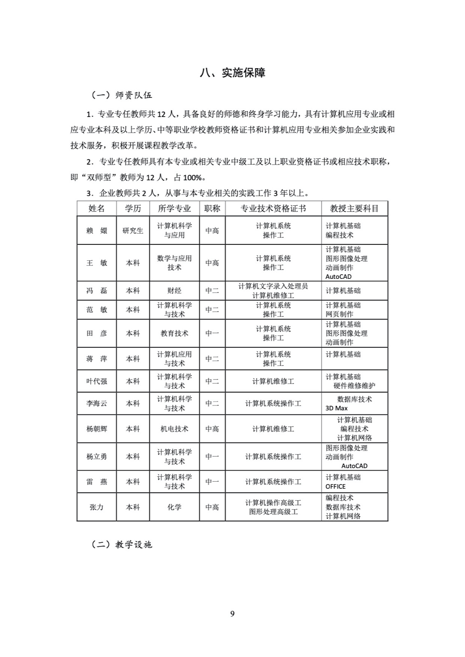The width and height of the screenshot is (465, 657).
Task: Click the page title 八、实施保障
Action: [x=232, y=73]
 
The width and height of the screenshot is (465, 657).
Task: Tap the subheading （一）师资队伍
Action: [x=121, y=95]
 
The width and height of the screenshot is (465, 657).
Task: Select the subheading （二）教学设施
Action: [x=121, y=544]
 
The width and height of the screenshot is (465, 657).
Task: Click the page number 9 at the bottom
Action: [x=232, y=613]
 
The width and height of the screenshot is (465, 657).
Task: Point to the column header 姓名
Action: [x=97, y=209]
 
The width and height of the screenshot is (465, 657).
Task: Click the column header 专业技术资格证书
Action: [x=273, y=209]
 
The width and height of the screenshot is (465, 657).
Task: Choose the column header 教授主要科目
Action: [x=354, y=209]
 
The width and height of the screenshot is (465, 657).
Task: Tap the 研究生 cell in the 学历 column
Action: [x=133, y=231]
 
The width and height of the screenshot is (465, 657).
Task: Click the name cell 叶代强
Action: [x=97, y=381]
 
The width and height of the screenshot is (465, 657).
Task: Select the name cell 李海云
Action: [x=97, y=404]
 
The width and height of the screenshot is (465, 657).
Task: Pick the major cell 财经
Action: [x=174, y=291]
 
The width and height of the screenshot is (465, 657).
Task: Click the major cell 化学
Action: [x=174, y=507]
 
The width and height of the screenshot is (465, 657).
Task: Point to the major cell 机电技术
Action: [x=174, y=429]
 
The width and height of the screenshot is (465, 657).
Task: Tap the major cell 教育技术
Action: [x=174, y=333]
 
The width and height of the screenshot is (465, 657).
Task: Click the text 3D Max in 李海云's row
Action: [x=336, y=408]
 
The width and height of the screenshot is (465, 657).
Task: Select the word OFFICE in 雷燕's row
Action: [x=335, y=486]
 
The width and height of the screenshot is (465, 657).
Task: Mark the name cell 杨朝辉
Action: [x=97, y=429]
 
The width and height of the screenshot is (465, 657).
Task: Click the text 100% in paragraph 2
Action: [x=193, y=177]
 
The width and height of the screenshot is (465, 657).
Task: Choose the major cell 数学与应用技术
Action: [x=174, y=263]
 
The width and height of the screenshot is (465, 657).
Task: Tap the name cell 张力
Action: [x=97, y=507]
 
